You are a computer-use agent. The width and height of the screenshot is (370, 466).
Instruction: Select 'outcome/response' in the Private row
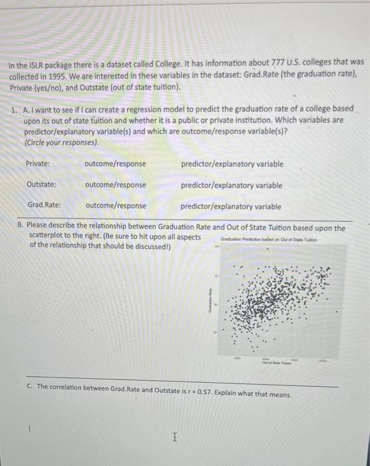coord(116,164)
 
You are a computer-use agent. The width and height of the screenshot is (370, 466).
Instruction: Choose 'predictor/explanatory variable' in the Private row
coord(232,164)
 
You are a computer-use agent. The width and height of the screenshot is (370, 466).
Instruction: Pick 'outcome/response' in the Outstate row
coord(116,185)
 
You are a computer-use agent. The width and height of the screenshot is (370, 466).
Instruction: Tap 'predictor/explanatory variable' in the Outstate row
coord(232,185)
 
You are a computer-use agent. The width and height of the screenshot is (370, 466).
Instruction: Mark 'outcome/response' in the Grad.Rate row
coord(116,206)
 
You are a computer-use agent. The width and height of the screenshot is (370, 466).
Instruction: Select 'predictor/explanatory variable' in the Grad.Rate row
coord(231,206)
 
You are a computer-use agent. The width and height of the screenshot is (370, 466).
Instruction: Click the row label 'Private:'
coord(38,164)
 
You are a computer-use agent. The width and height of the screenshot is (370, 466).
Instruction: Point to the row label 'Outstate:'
coord(41,185)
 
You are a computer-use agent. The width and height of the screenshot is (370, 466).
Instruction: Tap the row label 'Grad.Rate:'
coord(44,206)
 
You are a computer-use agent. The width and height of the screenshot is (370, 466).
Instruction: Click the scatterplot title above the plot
coord(278,240)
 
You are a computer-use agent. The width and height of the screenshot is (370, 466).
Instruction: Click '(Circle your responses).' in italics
coord(61,142)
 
